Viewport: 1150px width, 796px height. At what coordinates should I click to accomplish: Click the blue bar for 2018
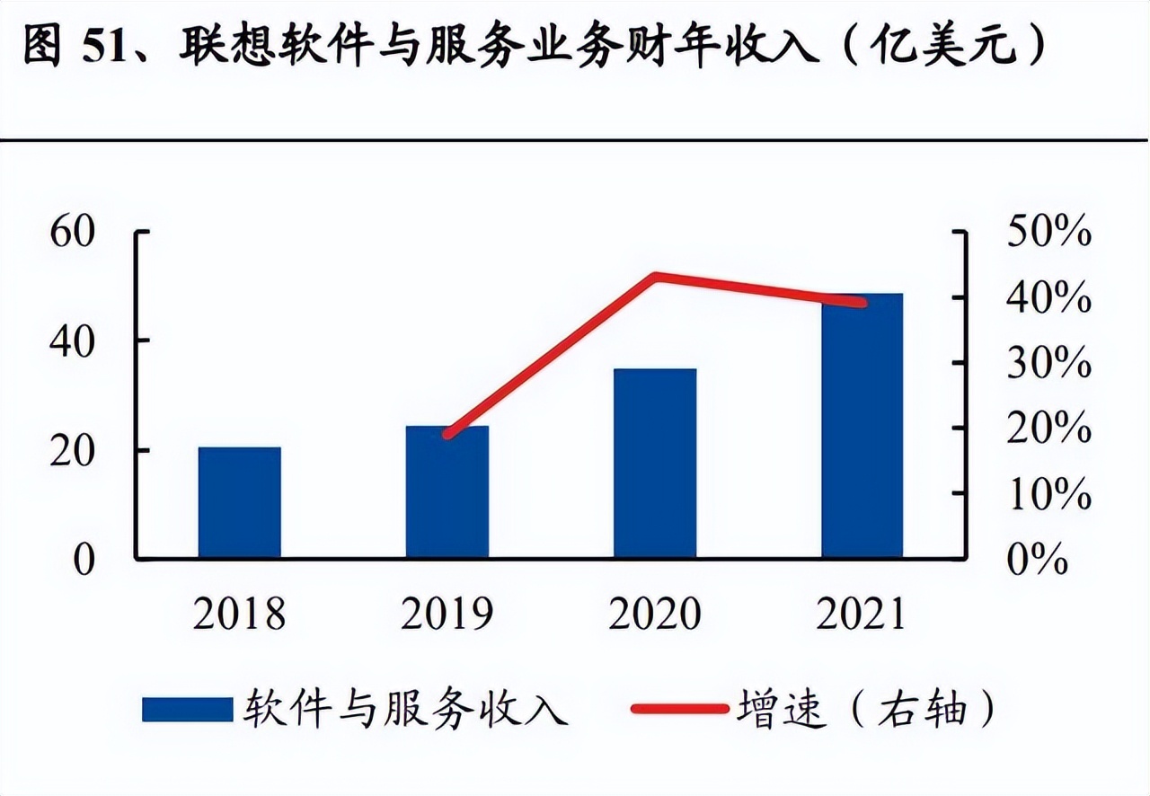(x=240, y=502)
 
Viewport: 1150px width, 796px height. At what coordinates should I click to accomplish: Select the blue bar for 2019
(x=447, y=492)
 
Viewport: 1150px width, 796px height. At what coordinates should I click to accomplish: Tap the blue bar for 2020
(x=655, y=464)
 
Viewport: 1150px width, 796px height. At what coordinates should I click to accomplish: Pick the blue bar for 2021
(x=862, y=426)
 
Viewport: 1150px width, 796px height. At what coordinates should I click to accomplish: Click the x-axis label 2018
(x=240, y=614)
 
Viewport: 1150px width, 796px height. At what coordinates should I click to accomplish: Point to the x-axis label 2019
(x=447, y=614)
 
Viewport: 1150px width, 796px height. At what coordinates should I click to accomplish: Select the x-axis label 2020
(x=655, y=614)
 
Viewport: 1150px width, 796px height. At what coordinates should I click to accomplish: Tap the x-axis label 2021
(x=862, y=614)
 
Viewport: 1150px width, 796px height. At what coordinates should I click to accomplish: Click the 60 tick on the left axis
(x=72, y=232)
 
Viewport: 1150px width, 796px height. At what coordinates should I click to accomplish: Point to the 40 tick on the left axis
(x=72, y=341)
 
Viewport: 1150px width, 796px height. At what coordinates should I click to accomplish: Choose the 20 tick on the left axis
(x=72, y=450)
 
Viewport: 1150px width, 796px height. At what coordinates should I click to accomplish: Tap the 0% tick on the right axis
(x=1039, y=560)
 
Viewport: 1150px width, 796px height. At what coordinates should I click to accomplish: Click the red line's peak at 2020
(x=657, y=276)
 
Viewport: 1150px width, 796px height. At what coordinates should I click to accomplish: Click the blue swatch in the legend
(x=187, y=709)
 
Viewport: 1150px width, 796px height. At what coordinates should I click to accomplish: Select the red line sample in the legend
(x=679, y=709)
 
